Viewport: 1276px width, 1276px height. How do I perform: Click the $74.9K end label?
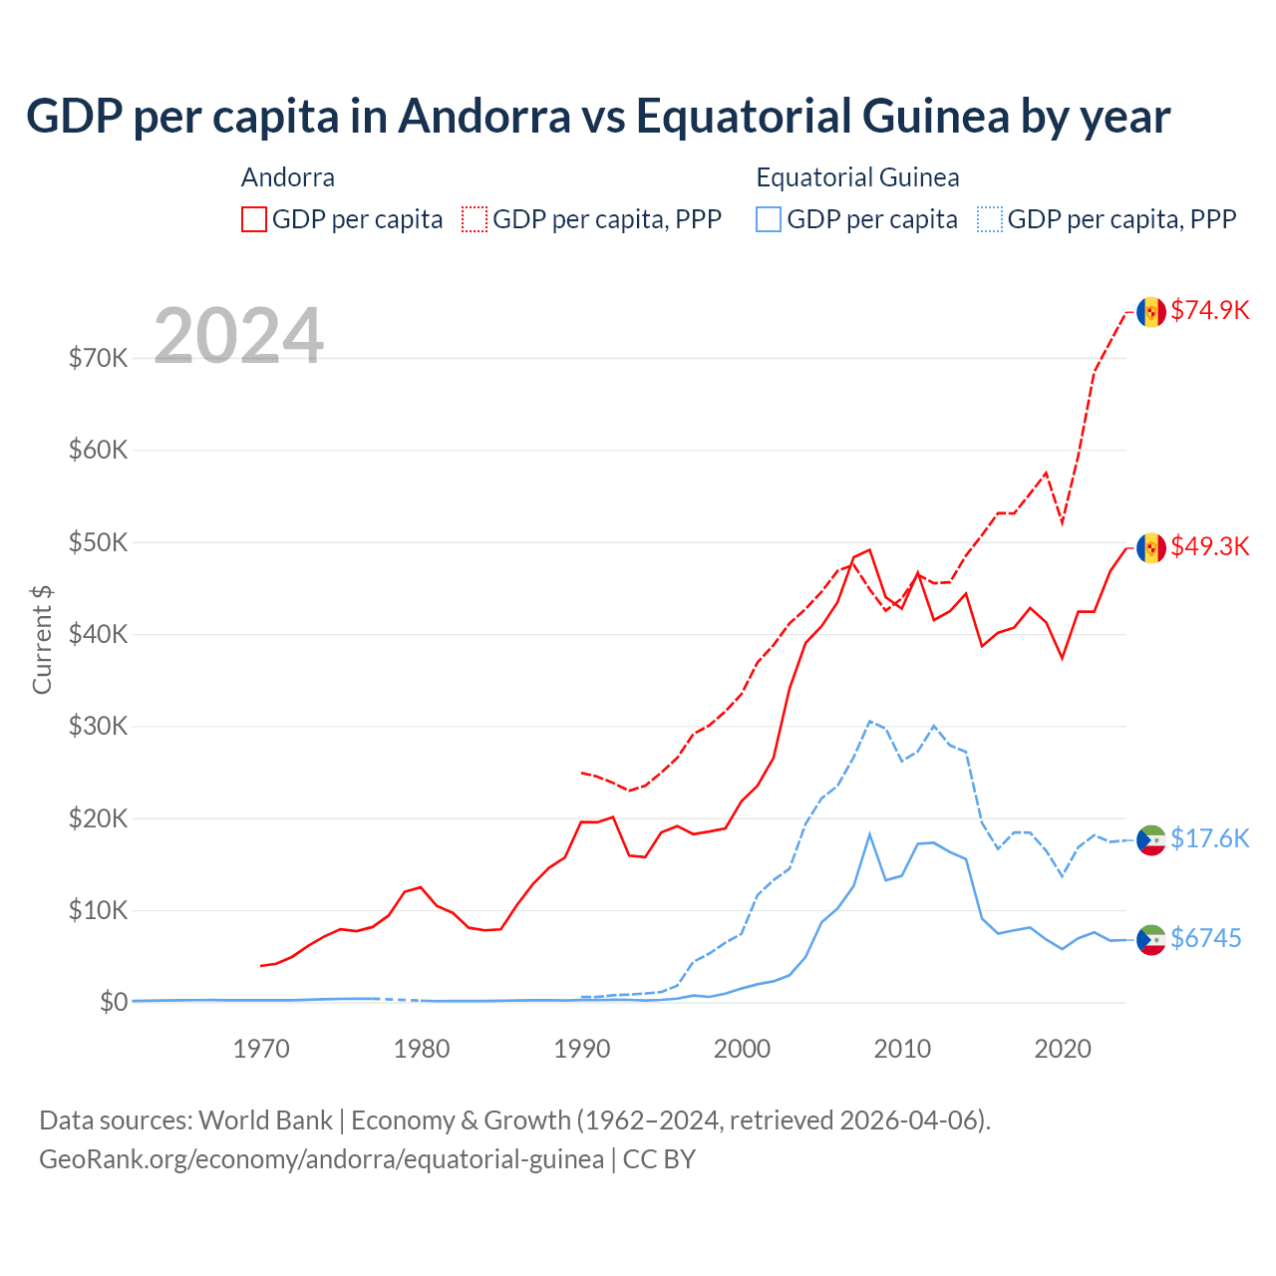coord(1209,310)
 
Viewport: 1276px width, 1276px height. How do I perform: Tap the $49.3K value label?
coord(1209,546)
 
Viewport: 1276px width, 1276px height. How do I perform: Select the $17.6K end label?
coord(1209,838)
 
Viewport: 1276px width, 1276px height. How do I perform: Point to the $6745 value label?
coord(1205,938)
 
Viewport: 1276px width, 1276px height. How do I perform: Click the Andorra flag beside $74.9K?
coord(1151,312)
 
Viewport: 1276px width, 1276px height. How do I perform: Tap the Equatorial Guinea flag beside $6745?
coord(1151,940)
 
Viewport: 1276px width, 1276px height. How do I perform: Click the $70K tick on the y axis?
coord(98,358)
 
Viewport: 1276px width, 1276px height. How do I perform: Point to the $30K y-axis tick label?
coord(98,726)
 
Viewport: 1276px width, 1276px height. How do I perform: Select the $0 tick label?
coord(114,1002)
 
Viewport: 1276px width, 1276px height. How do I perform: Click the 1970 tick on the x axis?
coord(261,1049)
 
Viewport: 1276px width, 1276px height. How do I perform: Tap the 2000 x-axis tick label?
coord(742,1049)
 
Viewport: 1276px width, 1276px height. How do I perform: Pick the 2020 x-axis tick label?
coord(1063,1049)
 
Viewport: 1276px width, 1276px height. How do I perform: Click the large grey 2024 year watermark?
coord(238,336)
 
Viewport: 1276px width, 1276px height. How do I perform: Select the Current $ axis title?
coord(42,639)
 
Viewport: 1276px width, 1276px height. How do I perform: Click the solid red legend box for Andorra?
coord(254,219)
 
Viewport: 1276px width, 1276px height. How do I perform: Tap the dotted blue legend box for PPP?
coord(990,219)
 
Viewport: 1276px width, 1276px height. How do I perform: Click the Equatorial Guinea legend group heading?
coord(857,177)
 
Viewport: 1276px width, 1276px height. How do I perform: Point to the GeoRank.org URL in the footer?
coord(321,1159)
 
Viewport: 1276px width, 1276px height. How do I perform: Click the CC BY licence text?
coord(659,1159)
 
